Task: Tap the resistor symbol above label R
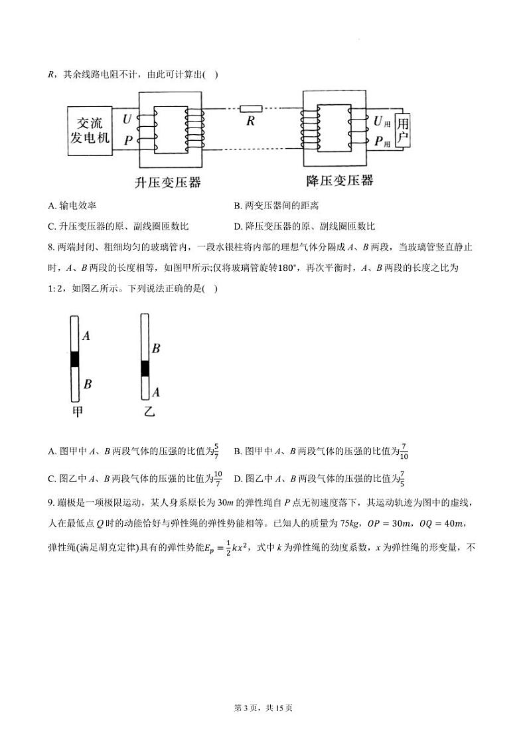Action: pos(251,108)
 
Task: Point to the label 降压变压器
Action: pos(339,181)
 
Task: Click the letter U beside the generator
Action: pos(127,120)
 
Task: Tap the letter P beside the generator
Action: pos(127,140)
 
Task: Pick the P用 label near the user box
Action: pos(380,141)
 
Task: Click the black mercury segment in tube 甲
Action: pos(75,359)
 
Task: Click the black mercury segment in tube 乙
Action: pos(145,369)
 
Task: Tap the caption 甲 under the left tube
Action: pos(78,412)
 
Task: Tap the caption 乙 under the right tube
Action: pos(149,412)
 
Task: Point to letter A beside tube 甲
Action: pos(86,336)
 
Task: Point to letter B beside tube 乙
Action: pos(156,348)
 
